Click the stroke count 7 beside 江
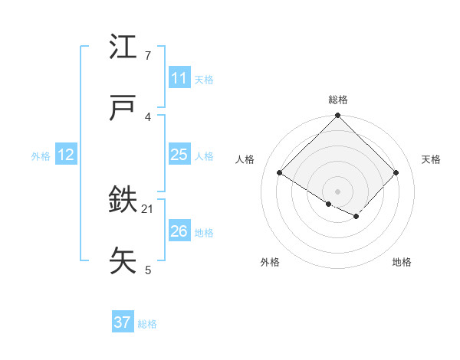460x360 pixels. coord(148,56)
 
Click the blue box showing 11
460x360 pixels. coord(179,78)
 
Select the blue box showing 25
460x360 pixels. coord(179,155)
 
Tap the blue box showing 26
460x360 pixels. coord(179,231)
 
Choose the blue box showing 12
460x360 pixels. coord(65,155)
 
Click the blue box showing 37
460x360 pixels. coord(122,322)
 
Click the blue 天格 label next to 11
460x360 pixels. coord(204,79)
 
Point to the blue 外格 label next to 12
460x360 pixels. coord(41,155)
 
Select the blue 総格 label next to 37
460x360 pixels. coord(147,323)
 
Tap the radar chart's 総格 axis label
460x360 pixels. coord(338,100)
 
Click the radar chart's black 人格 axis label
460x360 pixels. coord(245,159)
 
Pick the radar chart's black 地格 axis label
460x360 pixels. coord(402,262)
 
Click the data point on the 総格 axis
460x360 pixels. coord(338,116)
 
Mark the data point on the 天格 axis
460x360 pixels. coord(396,172)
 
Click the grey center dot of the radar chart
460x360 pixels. coord(338,191)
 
